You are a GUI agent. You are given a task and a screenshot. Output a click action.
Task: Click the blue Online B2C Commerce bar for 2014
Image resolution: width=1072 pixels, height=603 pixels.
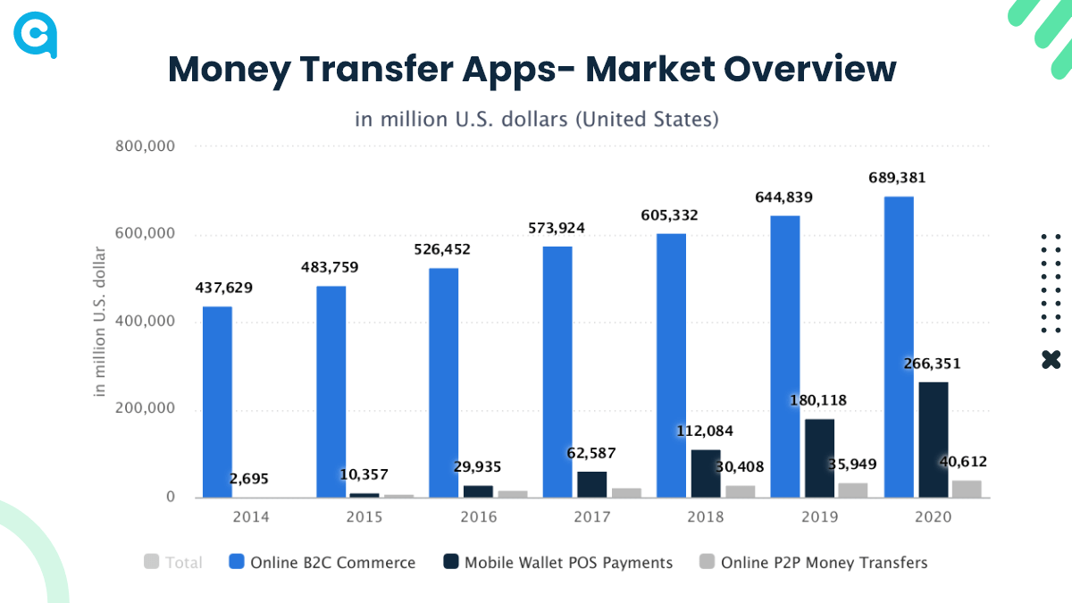217,402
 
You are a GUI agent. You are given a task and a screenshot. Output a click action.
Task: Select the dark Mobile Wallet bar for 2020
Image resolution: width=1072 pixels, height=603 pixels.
934,440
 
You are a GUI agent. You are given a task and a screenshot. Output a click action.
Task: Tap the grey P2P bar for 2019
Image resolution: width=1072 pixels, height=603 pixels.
852,490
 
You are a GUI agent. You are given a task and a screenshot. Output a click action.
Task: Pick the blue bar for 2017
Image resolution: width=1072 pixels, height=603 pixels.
557,372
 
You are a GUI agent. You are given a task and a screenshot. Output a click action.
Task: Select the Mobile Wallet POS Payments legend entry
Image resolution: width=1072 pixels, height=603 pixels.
568,563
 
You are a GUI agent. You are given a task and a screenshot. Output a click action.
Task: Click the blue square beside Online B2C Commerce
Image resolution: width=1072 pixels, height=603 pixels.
237,562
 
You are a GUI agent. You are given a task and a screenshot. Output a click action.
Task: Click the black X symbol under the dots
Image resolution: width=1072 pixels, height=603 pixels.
1051,360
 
